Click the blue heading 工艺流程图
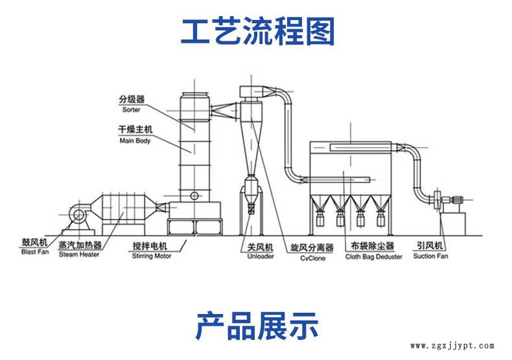(257, 30)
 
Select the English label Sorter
(130, 110)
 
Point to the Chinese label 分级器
(131, 100)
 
